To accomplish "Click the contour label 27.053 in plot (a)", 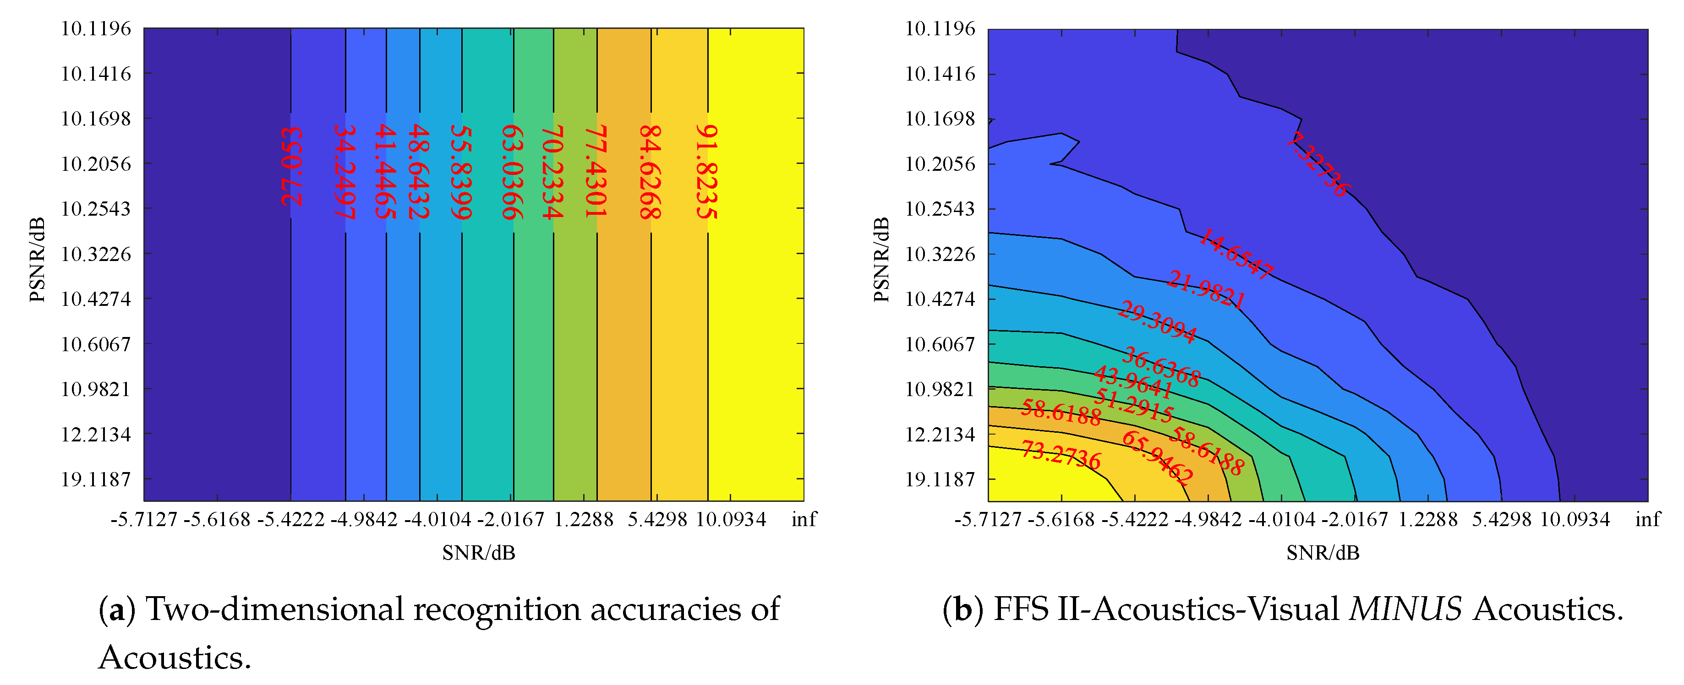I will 291,167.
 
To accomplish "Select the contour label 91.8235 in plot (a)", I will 707,172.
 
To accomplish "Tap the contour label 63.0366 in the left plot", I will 512,172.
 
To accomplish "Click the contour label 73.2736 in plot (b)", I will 1061,454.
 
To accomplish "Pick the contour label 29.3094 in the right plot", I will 1157,321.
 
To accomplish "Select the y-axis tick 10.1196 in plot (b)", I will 940,29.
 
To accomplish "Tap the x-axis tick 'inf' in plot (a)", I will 804,520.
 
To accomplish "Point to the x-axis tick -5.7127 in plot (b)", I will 987,520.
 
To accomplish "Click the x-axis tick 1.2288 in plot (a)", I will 584,520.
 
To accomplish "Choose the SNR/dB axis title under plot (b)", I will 1323,553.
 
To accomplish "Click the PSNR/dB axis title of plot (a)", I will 37,260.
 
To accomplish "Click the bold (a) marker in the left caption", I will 116,609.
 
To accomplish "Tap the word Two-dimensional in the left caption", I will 274,609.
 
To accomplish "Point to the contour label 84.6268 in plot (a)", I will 650,172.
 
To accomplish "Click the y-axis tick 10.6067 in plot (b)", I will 940,344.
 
